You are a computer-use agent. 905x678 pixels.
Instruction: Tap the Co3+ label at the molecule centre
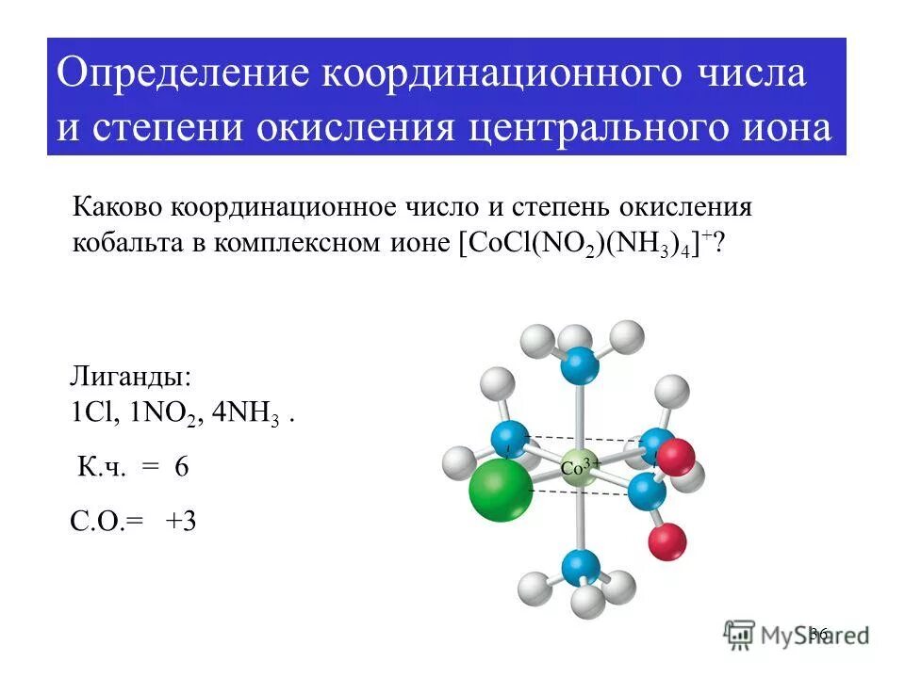[x=581, y=465]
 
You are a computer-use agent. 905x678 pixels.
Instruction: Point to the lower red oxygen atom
[x=667, y=542]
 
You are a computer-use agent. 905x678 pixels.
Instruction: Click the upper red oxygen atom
[x=675, y=458]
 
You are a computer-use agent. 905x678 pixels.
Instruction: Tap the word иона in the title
[x=786, y=128]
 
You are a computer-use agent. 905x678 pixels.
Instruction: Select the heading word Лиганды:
[x=131, y=379]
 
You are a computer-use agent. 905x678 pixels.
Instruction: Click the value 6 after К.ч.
[x=181, y=468]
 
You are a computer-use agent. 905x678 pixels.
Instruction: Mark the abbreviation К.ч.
[x=100, y=468]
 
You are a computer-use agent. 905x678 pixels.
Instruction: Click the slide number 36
[x=817, y=634]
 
